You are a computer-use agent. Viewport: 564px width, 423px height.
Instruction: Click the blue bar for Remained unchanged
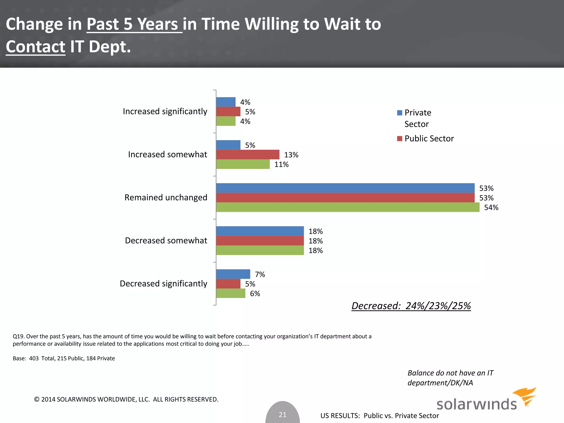pos(345,188)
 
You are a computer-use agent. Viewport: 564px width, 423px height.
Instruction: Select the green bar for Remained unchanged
pos(348,207)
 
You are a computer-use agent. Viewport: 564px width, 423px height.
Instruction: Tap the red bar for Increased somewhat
pos(248,154)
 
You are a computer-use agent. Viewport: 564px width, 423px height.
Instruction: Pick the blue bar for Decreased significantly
pos(233,274)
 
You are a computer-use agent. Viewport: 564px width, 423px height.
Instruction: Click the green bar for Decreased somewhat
pos(260,250)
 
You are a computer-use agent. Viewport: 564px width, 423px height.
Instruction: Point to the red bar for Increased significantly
pos(228,112)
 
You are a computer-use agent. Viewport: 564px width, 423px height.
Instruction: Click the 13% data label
pos(291,155)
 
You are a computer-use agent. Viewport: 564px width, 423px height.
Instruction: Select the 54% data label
pos(491,207)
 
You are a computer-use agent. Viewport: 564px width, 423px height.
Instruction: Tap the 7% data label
pos(260,274)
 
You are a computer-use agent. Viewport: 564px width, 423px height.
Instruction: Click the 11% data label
pos(281,164)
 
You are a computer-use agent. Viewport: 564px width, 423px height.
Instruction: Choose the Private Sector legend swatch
pos(400,113)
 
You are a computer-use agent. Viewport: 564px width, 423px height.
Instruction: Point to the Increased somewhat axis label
pos(167,154)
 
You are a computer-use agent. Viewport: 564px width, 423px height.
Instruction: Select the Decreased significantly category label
pos(163,284)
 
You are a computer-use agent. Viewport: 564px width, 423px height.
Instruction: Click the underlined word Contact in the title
pos(36,47)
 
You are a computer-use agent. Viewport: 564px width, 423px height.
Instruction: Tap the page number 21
pos(283,414)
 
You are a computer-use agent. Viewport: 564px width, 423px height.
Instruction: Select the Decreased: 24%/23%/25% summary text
pos(411,306)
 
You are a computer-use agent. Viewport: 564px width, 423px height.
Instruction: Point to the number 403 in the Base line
pos(34,358)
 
